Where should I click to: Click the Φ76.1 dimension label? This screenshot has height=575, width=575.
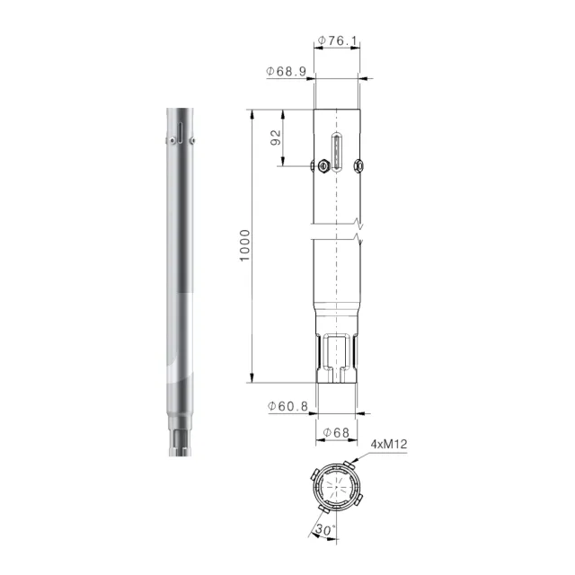point(338,40)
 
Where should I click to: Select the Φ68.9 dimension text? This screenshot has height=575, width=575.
point(286,71)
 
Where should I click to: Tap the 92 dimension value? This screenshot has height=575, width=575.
point(276,137)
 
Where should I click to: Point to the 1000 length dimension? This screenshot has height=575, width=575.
point(244,245)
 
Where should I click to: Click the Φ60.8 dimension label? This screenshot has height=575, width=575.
point(287,406)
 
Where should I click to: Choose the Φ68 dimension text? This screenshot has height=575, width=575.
point(336,433)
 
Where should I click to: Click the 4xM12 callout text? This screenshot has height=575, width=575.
point(389,445)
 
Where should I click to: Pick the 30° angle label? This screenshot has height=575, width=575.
point(325,530)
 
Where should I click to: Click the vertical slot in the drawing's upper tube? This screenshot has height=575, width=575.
point(337,152)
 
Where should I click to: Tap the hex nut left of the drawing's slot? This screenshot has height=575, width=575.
point(323,165)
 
